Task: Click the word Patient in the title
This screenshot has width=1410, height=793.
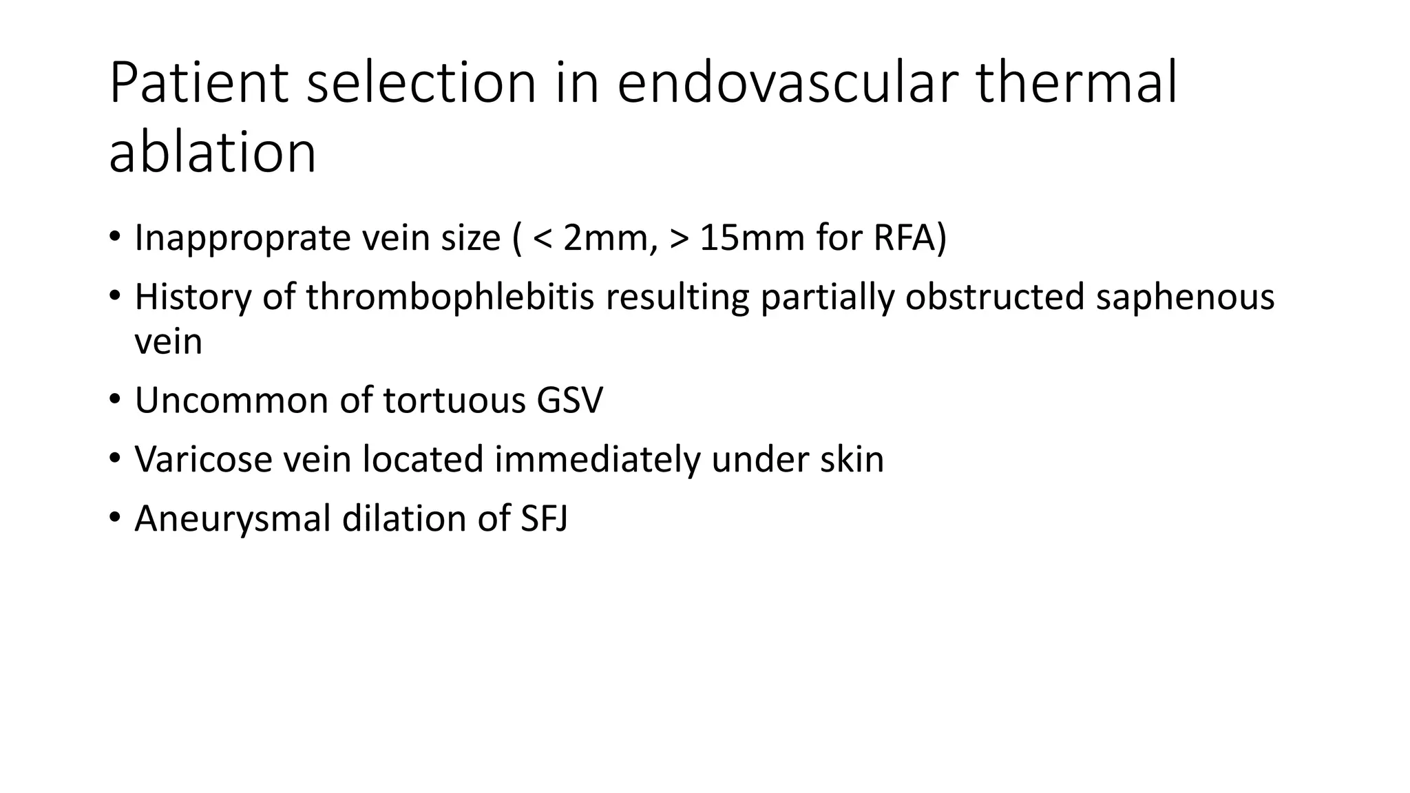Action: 198,83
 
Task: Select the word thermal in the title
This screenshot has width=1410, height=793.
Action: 1077,83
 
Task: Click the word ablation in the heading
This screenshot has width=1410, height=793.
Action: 212,152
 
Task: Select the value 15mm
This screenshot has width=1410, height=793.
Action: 752,238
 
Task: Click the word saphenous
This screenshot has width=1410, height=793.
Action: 1184,297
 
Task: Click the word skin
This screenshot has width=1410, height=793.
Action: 852,459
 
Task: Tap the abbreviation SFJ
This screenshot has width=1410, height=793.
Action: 544,518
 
